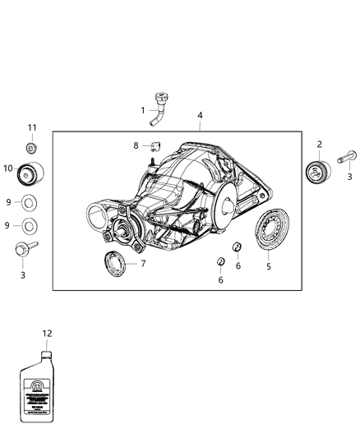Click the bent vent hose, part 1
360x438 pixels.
(159, 110)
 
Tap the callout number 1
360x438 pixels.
(142, 110)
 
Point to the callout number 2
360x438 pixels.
(320, 145)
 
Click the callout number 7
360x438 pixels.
(143, 264)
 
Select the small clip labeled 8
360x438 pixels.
(155, 147)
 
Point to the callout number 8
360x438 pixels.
(136, 146)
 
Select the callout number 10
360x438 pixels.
(8, 168)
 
